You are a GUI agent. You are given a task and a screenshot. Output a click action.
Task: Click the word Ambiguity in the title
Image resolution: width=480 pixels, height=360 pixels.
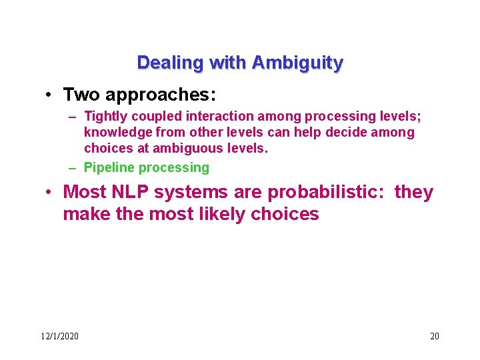(297, 63)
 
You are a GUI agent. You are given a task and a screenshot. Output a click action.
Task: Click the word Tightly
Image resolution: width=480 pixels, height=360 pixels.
(105, 117)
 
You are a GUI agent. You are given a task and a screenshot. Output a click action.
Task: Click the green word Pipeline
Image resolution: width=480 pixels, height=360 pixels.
(108, 167)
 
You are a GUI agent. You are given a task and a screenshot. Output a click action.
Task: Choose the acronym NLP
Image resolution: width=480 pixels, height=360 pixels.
(129, 193)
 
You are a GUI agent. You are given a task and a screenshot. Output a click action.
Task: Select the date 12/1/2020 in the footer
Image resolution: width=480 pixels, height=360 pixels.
(59, 336)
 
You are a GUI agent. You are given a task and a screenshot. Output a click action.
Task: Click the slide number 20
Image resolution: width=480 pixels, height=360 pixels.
(434, 336)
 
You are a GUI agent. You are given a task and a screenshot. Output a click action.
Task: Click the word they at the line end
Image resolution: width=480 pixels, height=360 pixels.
(413, 193)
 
